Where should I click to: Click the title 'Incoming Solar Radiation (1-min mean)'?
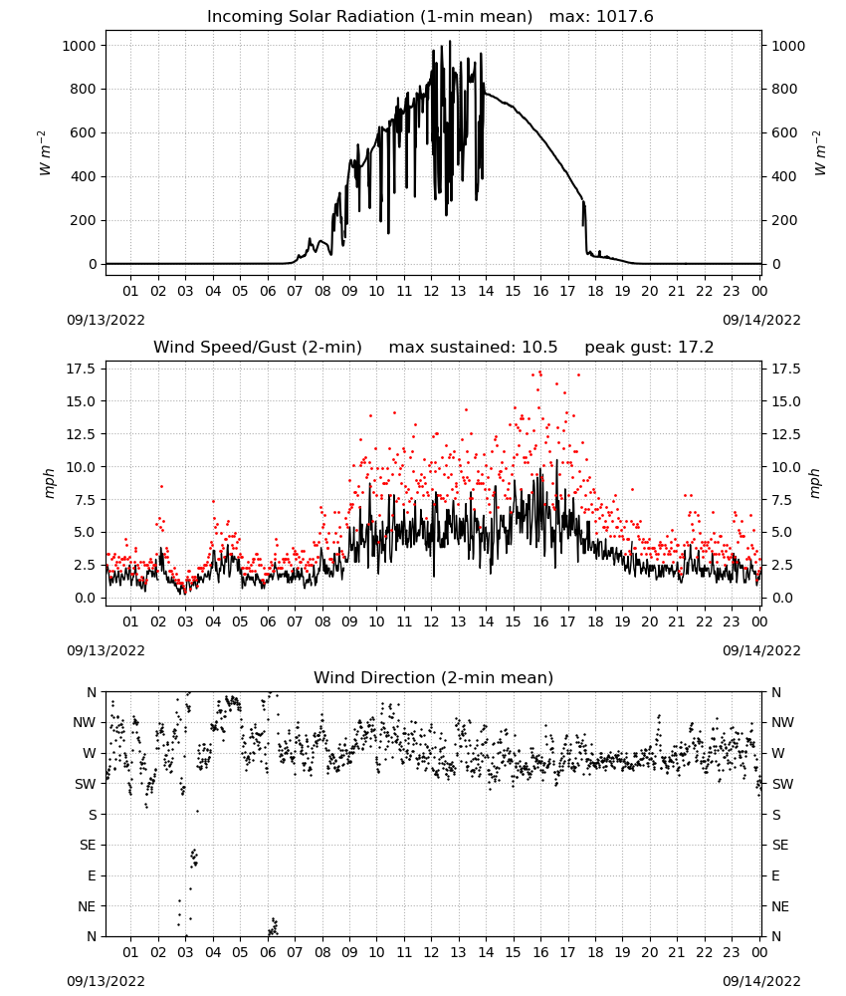[x=369, y=17]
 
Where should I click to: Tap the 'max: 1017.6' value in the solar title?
[x=601, y=17]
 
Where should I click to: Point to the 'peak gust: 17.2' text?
[x=649, y=348]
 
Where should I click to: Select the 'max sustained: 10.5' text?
[x=473, y=348]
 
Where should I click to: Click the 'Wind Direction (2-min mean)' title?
[x=434, y=677]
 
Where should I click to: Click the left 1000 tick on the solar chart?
[x=79, y=46]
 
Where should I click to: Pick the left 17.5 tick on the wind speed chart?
[x=81, y=370]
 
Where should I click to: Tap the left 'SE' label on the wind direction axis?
[x=88, y=845]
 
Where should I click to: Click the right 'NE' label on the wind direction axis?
[x=780, y=906]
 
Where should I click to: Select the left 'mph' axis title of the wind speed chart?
[x=49, y=483]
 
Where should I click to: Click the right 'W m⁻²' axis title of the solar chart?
[x=819, y=153]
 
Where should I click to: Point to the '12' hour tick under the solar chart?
[x=431, y=291]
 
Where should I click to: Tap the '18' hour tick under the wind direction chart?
[x=594, y=952]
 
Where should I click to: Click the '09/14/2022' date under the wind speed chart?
[x=761, y=650]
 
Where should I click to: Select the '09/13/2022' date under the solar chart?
[x=106, y=320]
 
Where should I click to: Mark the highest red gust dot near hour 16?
[x=540, y=373]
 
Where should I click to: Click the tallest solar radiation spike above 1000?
[x=450, y=43]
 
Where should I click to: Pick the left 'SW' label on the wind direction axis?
[x=85, y=784]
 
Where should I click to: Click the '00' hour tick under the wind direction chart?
[x=759, y=952]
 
